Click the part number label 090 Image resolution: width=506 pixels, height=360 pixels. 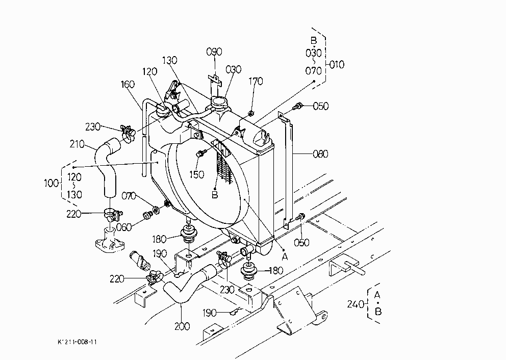click(214, 52)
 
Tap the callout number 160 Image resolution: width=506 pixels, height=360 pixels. click(128, 84)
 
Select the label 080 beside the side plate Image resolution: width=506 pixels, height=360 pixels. click(320, 153)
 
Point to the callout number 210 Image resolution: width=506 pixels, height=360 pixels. click(77, 144)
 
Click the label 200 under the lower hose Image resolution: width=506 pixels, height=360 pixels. click(182, 326)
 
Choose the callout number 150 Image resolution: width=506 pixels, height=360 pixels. click(196, 174)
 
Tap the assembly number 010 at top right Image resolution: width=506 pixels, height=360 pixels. click(337, 65)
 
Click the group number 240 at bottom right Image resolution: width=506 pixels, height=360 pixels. click(356, 304)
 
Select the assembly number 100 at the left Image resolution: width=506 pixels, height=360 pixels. click(52, 183)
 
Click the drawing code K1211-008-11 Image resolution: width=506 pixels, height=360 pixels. click(77, 342)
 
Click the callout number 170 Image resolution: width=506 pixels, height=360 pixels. click(256, 81)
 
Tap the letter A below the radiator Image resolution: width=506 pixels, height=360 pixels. click(285, 257)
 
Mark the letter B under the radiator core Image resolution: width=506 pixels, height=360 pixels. click(215, 195)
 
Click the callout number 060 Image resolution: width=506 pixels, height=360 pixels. click(123, 227)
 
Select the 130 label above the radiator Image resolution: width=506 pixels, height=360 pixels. click(169, 60)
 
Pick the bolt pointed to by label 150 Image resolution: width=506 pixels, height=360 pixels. click(199, 154)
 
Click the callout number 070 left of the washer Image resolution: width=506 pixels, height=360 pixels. click(129, 196)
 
